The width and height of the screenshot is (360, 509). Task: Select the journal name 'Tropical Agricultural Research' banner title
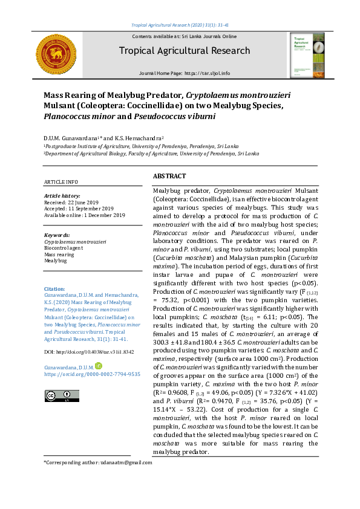184,51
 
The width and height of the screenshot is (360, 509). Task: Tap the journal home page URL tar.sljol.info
208,73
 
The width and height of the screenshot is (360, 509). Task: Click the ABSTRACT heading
169,176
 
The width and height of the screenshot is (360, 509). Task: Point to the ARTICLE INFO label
61,182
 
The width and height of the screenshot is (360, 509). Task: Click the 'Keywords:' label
57,235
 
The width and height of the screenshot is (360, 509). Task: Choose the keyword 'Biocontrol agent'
64,248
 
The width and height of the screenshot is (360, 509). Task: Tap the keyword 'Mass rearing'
59,254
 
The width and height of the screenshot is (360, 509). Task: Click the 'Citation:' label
55,289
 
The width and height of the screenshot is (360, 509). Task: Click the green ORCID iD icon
99,366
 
